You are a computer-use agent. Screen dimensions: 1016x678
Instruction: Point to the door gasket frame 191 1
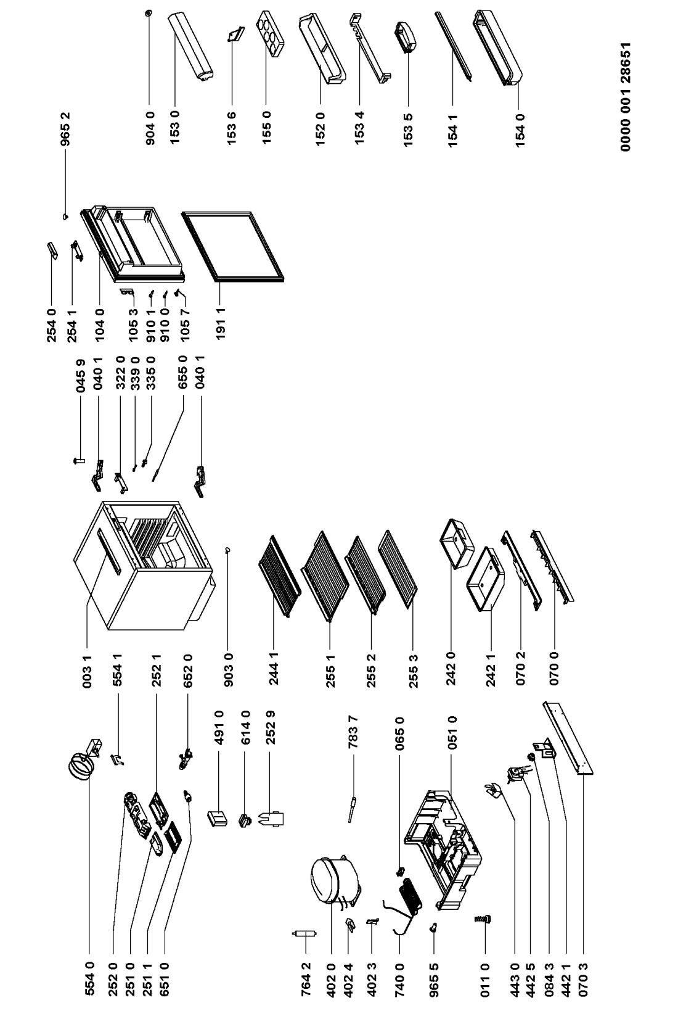[x=233, y=246]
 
